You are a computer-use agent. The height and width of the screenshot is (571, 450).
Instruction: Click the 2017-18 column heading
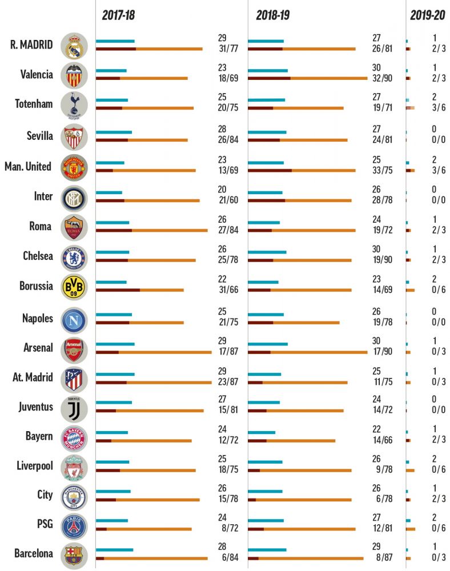coord(118,15)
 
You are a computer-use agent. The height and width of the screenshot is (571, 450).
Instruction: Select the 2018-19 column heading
coord(272,15)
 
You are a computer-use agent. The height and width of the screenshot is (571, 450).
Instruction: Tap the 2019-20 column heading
coord(427,15)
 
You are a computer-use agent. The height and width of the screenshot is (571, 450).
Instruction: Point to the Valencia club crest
coord(74,75)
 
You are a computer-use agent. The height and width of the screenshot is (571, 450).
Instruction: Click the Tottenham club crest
coord(74,106)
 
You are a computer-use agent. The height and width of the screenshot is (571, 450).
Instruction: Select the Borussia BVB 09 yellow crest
coord(74,285)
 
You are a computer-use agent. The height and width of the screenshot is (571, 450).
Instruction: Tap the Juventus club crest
coord(74,408)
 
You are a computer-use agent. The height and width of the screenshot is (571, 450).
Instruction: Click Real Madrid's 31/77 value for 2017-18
coord(228,49)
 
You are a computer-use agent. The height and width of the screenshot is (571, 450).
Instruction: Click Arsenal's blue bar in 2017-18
coord(115,344)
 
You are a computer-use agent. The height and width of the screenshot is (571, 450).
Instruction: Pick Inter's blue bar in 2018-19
coord(266,193)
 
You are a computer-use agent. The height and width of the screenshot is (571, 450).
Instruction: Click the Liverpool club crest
coord(74,468)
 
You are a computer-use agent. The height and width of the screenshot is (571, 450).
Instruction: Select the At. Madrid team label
coord(33,377)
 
